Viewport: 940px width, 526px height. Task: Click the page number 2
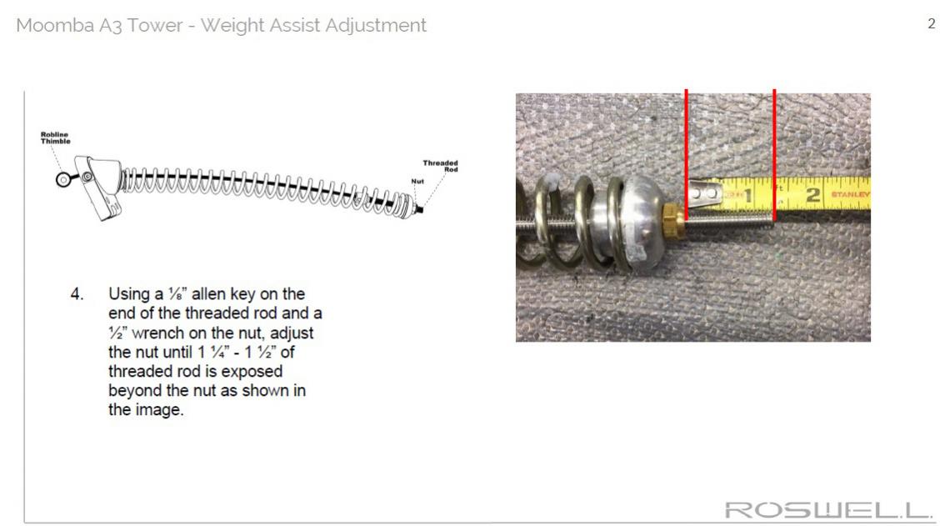(x=931, y=23)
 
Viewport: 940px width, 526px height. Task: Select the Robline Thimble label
(x=55, y=138)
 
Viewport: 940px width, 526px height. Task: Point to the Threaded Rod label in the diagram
(x=440, y=166)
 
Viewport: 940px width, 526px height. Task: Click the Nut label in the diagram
(x=417, y=181)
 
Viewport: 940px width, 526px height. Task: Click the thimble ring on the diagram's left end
(x=63, y=179)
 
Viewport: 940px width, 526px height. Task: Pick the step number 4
(x=77, y=294)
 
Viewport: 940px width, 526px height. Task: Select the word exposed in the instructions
(x=252, y=372)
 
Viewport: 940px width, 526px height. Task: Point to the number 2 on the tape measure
(x=812, y=195)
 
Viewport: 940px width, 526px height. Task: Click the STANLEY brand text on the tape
(x=849, y=194)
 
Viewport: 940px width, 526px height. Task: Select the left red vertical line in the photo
(x=687, y=155)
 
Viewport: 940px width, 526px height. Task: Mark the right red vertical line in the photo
(x=774, y=155)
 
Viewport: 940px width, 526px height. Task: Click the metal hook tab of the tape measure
(x=705, y=194)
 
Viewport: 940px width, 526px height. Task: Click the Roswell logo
(x=827, y=510)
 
